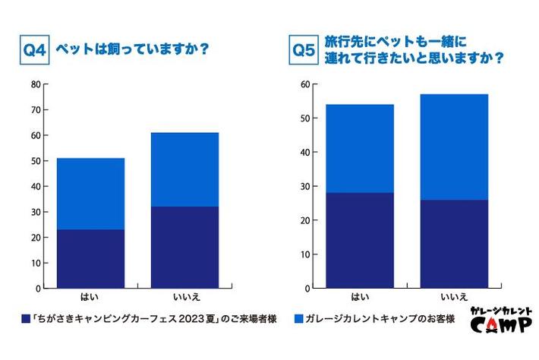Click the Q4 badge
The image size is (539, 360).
pos(34,52)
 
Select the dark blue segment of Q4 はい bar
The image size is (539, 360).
pos(91,259)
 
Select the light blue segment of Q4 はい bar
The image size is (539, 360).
pos(91,194)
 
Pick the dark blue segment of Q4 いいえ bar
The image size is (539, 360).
pos(184,248)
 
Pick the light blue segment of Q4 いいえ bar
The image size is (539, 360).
pos(184,169)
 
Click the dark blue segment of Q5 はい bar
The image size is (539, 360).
pos(360,240)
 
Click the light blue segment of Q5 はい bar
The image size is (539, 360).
pos(360,148)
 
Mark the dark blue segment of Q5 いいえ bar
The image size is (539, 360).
pos(454,244)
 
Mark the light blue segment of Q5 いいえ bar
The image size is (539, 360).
pos(454,147)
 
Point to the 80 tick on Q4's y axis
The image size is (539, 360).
pos(35,84)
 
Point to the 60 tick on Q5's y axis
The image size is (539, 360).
pos(304,84)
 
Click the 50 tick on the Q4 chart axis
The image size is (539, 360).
pos(35,161)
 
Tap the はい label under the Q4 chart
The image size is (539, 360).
pos(90,298)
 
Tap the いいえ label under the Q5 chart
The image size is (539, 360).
pos(454,298)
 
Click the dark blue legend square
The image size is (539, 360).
pos(27,319)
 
